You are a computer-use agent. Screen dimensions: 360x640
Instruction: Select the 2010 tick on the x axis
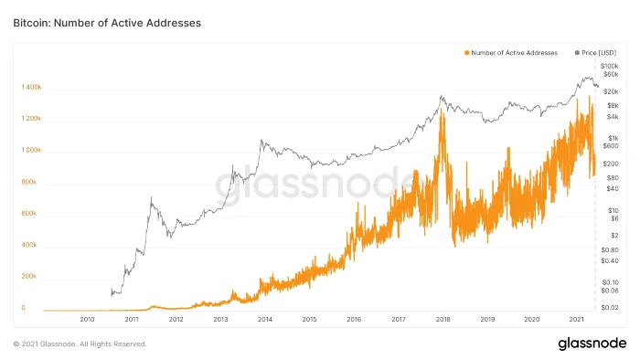[x=88, y=320]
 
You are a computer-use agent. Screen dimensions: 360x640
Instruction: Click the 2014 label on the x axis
[x=264, y=320]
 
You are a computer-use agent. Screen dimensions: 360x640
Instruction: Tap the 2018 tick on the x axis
[x=442, y=320]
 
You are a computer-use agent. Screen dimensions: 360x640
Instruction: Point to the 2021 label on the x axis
[x=576, y=320]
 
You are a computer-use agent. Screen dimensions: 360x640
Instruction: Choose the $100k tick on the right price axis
[x=610, y=66]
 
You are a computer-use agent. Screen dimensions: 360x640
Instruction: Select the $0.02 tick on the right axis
[x=610, y=308]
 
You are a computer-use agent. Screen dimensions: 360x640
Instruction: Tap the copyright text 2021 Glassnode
[x=80, y=344]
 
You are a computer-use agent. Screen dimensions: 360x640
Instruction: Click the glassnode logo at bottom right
[x=592, y=344]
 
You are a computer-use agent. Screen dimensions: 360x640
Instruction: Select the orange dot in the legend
[x=467, y=53]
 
